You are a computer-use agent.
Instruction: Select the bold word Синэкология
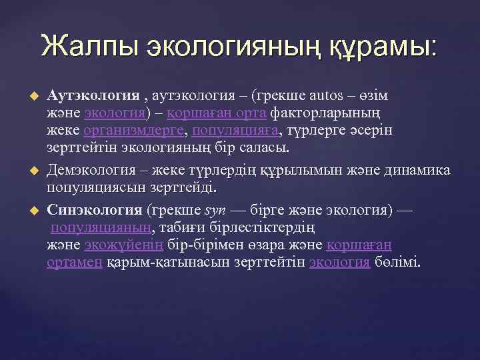[94, 211]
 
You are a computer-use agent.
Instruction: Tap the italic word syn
[215, 211]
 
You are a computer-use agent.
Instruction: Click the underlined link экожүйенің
[125, 245]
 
